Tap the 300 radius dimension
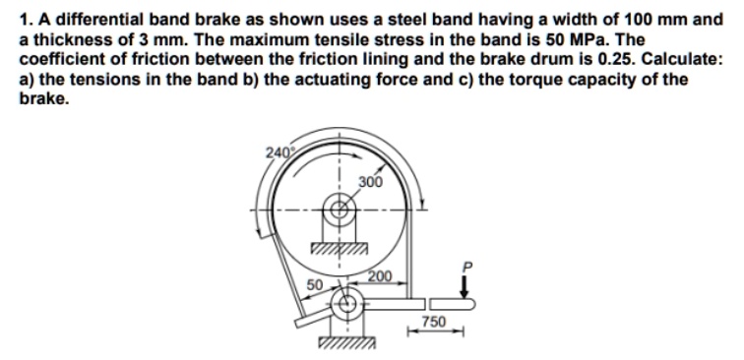(371, 182)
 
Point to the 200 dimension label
(380, 275)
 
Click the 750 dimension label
(434, 322)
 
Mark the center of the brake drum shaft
(341, 210)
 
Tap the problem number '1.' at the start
(25, 19)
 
